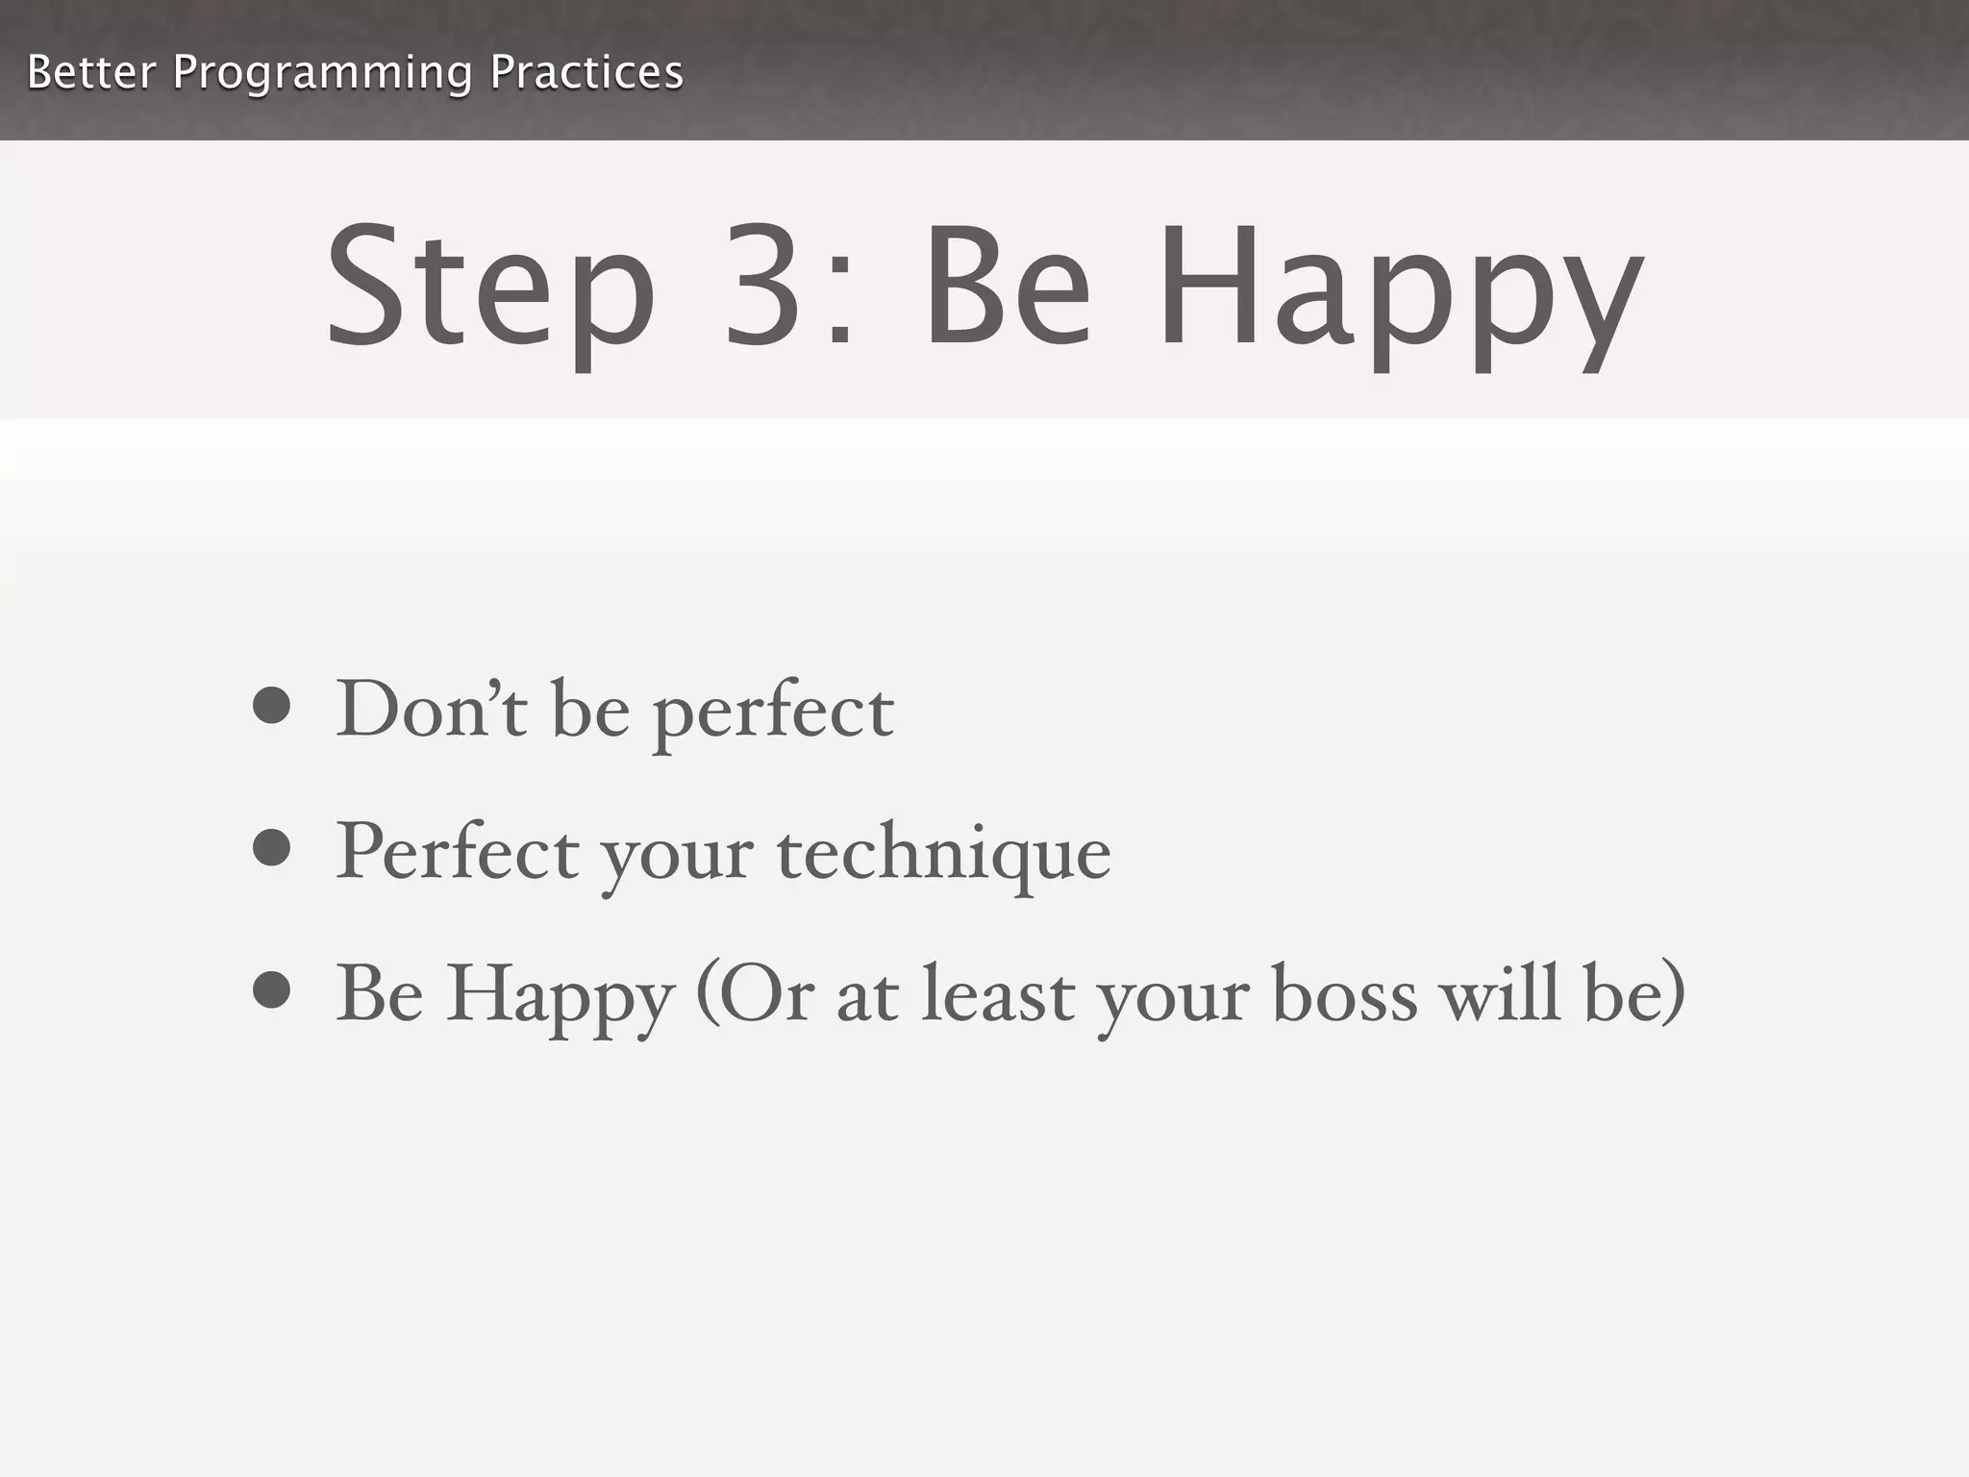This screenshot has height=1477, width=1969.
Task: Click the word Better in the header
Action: click(x=90, y=72)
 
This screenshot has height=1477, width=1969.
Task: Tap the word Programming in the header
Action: click(x=322, y=74)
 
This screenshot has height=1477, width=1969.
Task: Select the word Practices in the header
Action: click(x=586, y=72)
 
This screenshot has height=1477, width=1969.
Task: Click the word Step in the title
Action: click(x=490, y=288)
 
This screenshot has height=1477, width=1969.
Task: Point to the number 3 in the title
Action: click(x=764, y=286)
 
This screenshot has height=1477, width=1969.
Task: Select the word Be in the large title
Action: click(x=1007, y=286)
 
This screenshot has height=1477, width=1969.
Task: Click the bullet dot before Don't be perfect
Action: click(x=272, y=705)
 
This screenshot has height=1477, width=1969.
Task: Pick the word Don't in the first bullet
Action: click(x=431, y=709)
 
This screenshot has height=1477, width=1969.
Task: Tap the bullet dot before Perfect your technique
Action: click(x=272, y=847)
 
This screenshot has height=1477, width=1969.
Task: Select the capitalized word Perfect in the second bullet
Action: click(x=458, y=851)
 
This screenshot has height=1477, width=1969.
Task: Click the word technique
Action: click(x=943, y=855)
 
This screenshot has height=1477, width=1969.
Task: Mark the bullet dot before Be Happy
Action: click(x=272, y=989)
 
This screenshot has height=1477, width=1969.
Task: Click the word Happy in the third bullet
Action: click(x=561, y=996)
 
